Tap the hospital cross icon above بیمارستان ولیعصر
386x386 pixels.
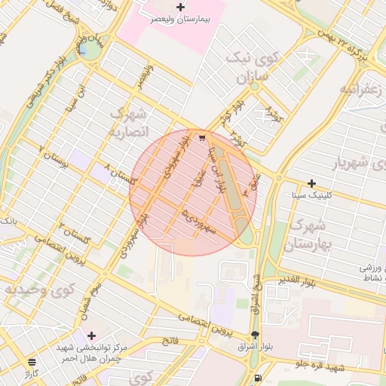179,7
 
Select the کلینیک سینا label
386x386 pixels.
311,195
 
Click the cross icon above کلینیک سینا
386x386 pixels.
311,183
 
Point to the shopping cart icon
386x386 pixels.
201,138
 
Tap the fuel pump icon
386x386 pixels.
259,378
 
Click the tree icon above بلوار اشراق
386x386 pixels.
255,335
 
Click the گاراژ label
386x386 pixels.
32,373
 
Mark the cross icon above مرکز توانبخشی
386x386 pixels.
92,335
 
